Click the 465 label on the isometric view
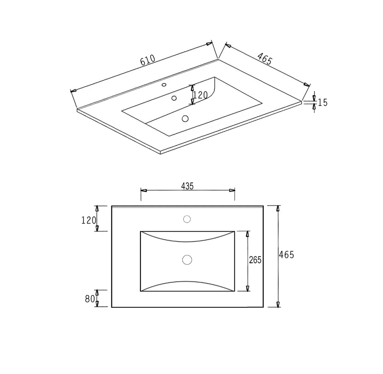tap(265, 59)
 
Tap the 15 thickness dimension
tap(322, 102)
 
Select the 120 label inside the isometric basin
tap(201, 95)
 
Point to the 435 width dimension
tap(187, 186)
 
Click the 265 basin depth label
tap(255, 260)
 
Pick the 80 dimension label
tap(90, 299)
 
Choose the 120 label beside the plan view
tap(89, 220)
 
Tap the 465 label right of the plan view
tap(287, 255)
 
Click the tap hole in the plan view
tap(187, 219)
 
